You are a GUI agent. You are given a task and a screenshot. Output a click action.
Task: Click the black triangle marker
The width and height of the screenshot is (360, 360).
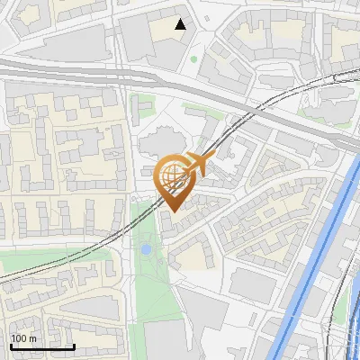(181, 24)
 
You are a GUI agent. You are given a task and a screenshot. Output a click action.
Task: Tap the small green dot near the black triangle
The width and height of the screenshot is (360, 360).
(193, 60)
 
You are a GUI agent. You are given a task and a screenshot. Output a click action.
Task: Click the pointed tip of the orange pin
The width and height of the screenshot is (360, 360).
(174, 211)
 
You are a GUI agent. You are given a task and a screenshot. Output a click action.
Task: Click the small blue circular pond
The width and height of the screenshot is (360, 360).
(146, 247)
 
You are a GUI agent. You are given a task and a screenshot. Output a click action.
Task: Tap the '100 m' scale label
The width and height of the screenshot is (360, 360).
(23, 337)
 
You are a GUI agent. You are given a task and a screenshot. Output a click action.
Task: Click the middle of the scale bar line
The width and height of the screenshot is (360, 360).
(42, 346)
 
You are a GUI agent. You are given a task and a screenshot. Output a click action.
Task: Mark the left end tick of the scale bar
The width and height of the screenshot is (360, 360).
(10, 346)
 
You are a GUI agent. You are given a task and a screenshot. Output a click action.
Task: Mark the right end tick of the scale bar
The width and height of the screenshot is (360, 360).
(75, 346)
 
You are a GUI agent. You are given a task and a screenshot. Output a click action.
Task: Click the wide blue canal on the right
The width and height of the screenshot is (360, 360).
(315, 270)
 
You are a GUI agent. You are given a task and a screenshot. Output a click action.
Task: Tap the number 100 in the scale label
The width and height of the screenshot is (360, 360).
(19, 337)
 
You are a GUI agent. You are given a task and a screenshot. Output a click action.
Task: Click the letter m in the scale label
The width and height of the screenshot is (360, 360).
(32, 338)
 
